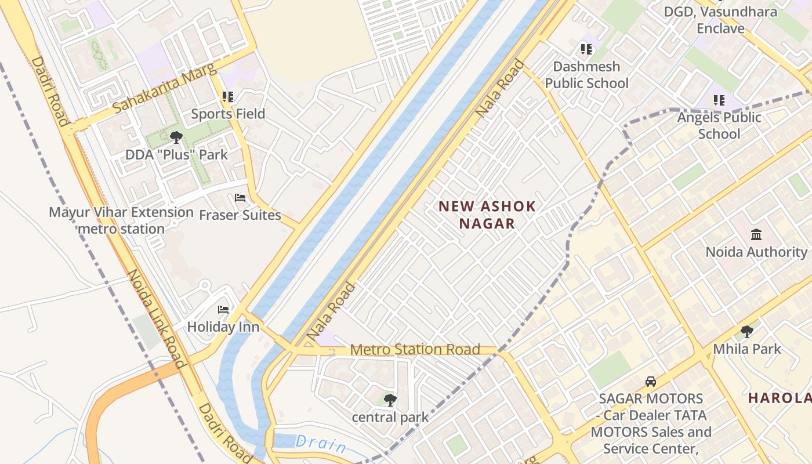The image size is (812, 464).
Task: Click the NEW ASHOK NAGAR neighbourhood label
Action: [487, 215]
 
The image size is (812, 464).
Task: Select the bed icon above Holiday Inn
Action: [223, 310]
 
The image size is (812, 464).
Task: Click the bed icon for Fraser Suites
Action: [240, 198]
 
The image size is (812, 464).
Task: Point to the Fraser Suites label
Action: [240, 215]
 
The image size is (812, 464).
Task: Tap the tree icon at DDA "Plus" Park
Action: [176, 137]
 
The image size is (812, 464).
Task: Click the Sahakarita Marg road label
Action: [165, 88]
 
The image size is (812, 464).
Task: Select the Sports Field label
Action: [228, 114]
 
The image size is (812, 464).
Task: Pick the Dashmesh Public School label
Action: [586, 75]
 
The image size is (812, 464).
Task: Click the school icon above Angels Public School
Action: [719, 100]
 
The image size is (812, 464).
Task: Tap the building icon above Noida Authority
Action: [756, 235]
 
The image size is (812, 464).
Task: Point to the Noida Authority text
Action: [756, 252]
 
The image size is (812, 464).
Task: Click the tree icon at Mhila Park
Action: [747, 332]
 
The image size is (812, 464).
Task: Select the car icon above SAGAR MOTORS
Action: [651, 382]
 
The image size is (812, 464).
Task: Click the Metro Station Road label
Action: [415, 349]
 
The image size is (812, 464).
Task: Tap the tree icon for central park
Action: [390, 400]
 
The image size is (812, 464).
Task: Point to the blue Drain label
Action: [321, 444]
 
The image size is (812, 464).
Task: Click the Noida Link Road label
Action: [155, 319]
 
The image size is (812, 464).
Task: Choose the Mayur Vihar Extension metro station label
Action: [121, 220]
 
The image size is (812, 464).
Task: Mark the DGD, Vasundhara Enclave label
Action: [720, 20]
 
